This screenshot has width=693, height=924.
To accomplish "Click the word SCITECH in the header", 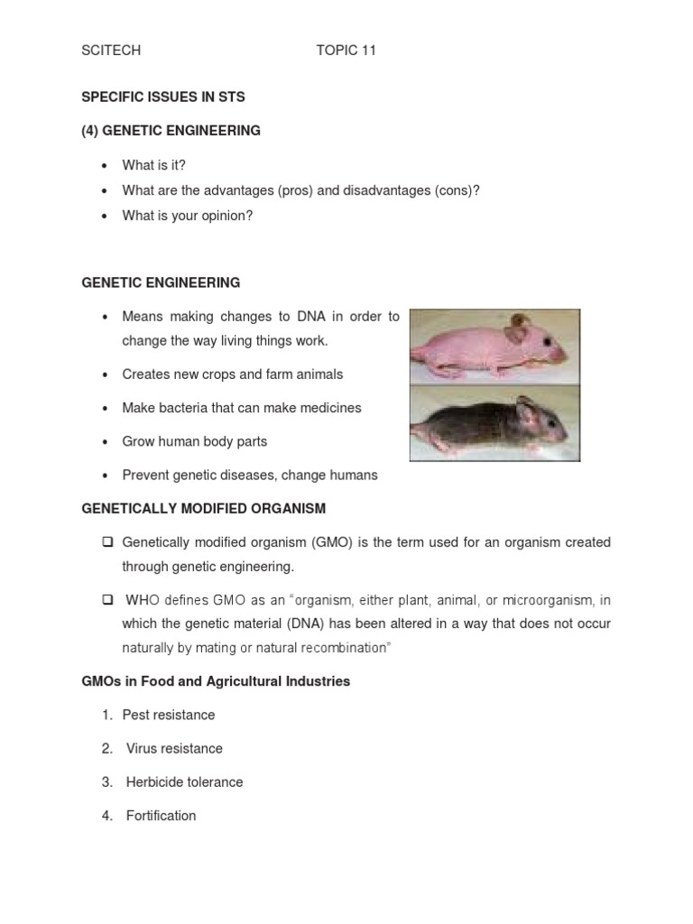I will click(x=111, y=51).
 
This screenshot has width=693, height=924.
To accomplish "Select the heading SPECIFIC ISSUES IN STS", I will click(x=163, y=97).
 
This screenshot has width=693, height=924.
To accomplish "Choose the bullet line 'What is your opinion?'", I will click(x=188, y=216).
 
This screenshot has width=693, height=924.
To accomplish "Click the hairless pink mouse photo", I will click(x=494, y=346).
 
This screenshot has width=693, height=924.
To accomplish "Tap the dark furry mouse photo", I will click(x=494, y=423).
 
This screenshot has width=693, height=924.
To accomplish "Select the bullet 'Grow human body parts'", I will click(x=195, y=441).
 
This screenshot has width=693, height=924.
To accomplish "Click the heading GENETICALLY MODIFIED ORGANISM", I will click(x=203, y=509).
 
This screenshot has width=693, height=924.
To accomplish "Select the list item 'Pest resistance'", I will click(x=169, y=715).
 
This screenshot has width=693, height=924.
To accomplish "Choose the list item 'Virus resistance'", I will click(x=174, y=748).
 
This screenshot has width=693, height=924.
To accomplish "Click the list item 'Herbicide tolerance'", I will click(x=184, y=782).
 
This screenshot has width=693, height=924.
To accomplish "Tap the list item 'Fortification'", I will click(x=161, y=816).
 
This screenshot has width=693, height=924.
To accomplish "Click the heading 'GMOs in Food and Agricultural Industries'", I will click(x=216, y=681).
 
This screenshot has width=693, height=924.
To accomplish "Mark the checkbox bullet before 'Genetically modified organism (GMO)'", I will click(x=106, y=542).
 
